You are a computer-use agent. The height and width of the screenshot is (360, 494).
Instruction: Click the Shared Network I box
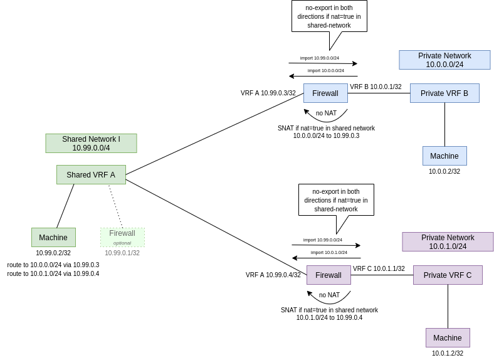pos(91,143)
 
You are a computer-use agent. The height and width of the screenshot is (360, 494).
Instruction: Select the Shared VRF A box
pos(91,174)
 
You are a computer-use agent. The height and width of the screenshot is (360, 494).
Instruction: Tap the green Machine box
pos(53,237)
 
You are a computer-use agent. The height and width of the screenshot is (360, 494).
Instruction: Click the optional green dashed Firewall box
pos(122,237)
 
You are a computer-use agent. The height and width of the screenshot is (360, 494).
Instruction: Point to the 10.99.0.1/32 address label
pos(122,253)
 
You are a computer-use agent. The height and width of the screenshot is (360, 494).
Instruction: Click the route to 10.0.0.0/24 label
pos(53,265)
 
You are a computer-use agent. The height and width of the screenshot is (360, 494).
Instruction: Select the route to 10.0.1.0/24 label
pos(53,273)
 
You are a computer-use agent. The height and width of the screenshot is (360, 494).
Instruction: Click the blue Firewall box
pos(325,93)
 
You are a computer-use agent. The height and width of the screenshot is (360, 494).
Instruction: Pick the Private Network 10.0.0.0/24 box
pos(444,60)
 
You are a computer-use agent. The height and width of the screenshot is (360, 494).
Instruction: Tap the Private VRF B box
pos(444,93)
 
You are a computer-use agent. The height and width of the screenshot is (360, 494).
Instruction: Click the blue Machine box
pos(444,156)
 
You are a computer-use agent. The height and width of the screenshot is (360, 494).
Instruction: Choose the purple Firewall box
pos(328,275)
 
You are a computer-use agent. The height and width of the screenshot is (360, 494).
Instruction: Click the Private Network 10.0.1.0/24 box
pos(448,242)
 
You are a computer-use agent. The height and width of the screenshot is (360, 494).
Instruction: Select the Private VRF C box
pos(448,275)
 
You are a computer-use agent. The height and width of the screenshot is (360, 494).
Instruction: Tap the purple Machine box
pos(448,337)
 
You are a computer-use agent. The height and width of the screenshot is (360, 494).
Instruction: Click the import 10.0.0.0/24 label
pos(326,70)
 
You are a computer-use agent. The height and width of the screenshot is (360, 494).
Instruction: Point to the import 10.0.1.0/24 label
pos(329,252)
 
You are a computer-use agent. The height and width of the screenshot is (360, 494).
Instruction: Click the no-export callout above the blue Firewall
pos(329,16)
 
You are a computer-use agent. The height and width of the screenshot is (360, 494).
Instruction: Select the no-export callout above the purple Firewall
pos(336,199)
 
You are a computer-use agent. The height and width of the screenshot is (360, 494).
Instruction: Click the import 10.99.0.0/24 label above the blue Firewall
pos(320,58)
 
